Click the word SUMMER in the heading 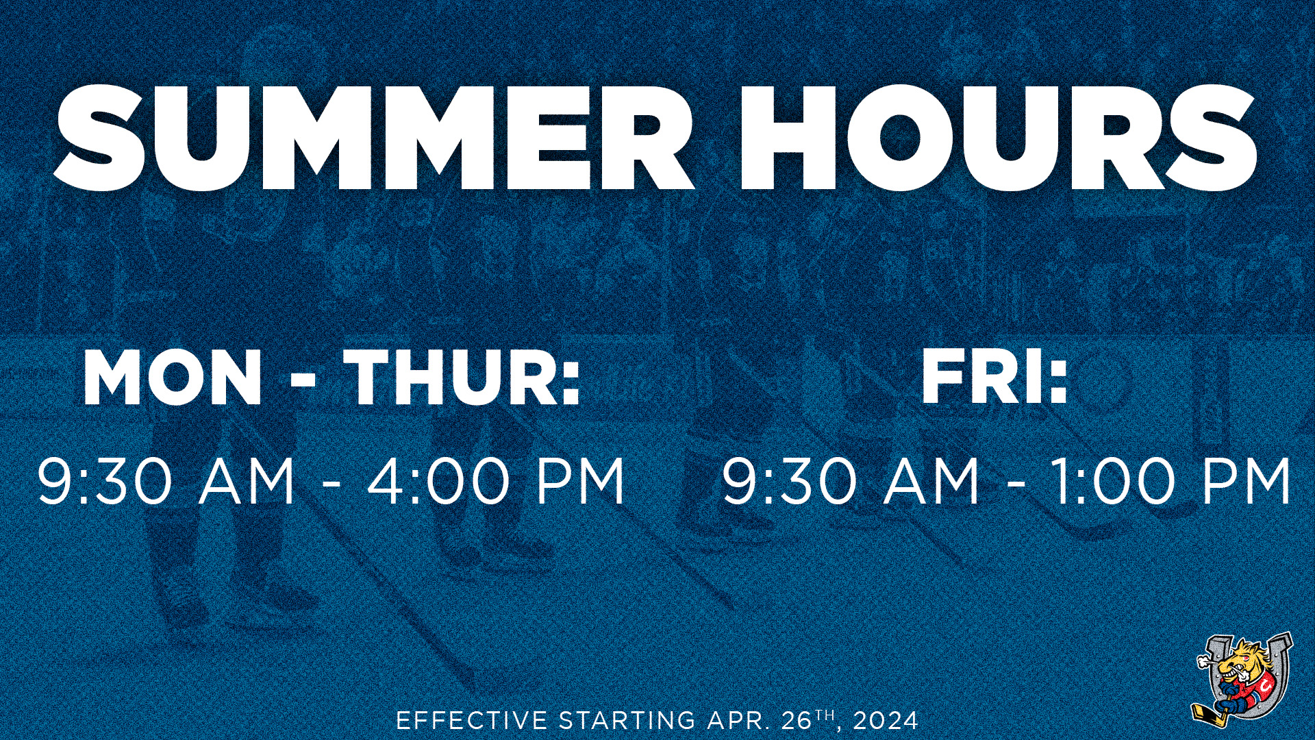[374, 137]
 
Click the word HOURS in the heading [997, 137]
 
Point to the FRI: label [994, 378]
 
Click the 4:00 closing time [429, 482]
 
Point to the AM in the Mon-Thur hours [247, 482]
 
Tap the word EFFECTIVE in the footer [472, 721]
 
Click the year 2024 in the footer [886, 721]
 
